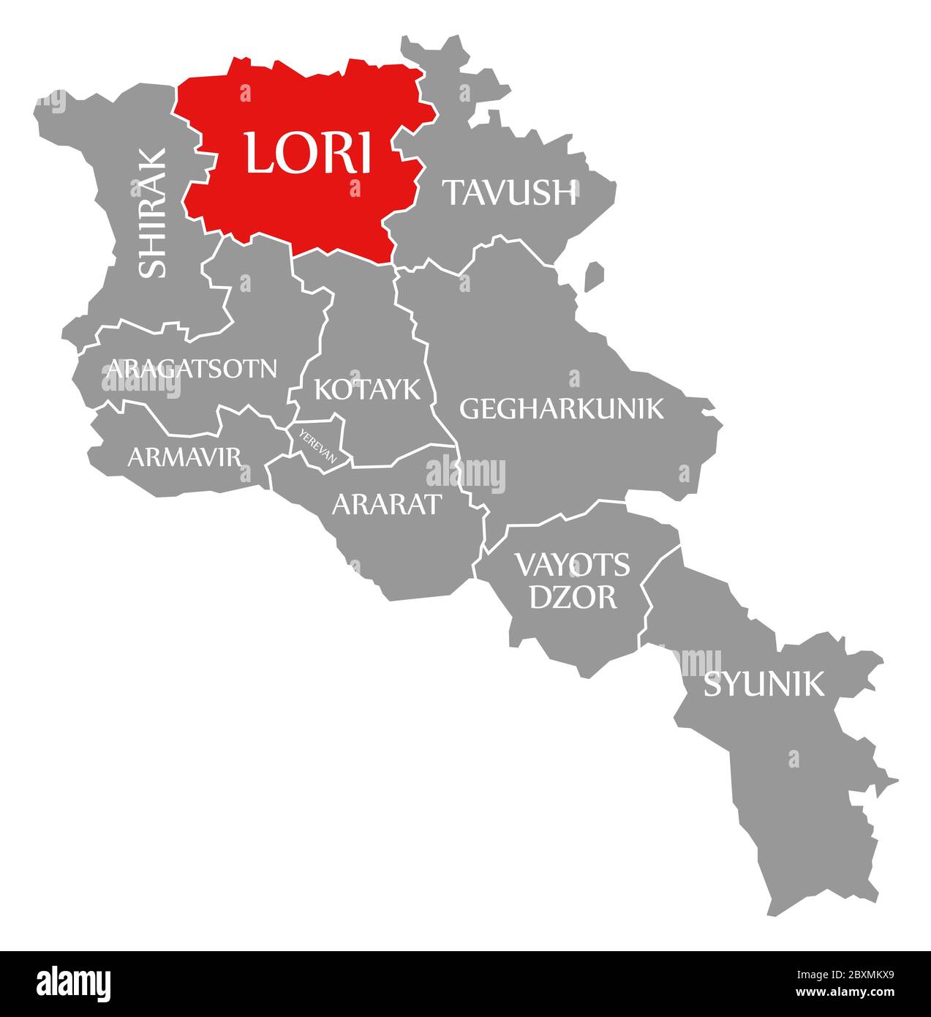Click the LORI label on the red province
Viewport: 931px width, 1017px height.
pos(308,153)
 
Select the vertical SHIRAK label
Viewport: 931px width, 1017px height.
pos(153,213)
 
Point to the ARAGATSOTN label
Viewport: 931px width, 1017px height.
pos(192,368)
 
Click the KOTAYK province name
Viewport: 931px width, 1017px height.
pos(367,389)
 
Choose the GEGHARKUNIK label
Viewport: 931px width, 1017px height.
pos(561,408)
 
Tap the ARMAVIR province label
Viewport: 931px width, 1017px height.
pos(184,457)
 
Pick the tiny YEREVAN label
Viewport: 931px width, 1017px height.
pos(317,446)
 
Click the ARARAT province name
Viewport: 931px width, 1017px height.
pos(387,503)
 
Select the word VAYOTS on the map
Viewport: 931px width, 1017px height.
pos(572,564)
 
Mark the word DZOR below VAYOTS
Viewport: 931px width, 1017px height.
pos(573,597)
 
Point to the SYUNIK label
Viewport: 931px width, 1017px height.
pos(763,685)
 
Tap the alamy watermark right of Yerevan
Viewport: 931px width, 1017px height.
pos(465,473)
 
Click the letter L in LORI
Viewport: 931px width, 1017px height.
pos(260,153)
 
